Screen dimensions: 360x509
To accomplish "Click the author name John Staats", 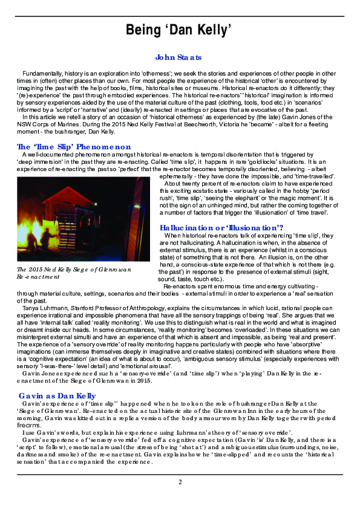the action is (x=178, y=57).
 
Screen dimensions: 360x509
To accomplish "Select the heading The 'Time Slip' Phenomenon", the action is (x=74, y=146).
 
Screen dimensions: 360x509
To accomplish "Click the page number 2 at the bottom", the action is (x=180, y=481).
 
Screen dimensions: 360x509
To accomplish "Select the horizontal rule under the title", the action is (x=180, y=44).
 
